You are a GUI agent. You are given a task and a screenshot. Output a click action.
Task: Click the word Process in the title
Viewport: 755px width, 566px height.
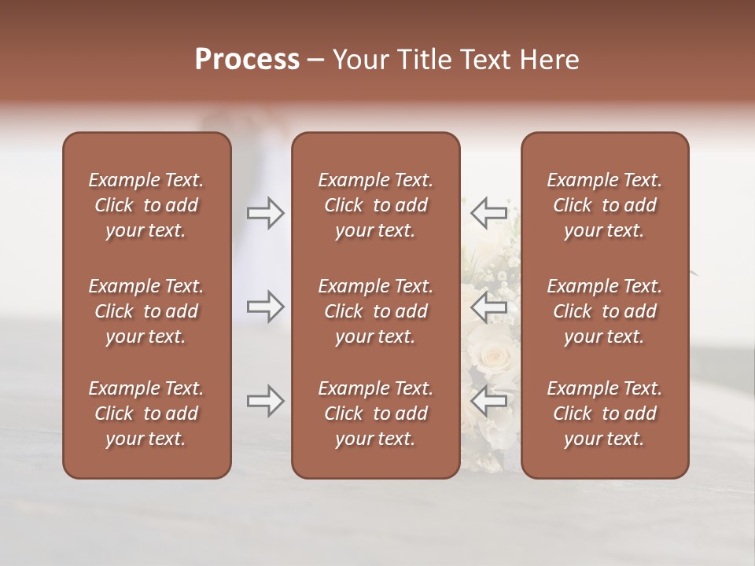pyautogui.click(x=247, y=60)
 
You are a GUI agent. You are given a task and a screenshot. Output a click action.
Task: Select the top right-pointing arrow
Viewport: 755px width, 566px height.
pyautogui.click(x=266, y=213)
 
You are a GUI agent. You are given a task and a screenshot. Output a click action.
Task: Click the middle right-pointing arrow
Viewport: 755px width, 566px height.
pyautogui.click(x=266, y=307)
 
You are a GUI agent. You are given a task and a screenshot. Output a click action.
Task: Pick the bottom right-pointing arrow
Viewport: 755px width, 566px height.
pyautogui.click(x=266, y=401)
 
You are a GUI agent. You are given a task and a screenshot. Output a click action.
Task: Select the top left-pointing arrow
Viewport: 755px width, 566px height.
pyautogui.click(x=488, y=213)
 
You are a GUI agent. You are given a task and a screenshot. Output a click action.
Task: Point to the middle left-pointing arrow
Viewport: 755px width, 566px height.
pyautogui.click(x=488, y=307)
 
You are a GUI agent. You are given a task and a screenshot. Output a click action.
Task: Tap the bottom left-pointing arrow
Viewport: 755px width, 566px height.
pyautogui.click(x=488, y=401)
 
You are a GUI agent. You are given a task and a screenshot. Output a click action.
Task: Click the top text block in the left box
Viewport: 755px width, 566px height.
pyautogui.click(x=146, y=205)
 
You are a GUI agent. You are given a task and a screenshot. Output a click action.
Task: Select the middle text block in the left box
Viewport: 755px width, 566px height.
pyautogui.click(x=146, y=311)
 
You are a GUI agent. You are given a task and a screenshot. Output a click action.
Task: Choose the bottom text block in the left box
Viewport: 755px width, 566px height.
pyautogui.click(x=146, y=413)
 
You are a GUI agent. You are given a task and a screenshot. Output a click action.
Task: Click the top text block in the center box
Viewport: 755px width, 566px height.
pyautogui.click(x=376, y=205)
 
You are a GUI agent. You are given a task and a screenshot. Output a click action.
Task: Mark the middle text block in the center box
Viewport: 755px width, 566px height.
pyautogui.click(x=376, y=311)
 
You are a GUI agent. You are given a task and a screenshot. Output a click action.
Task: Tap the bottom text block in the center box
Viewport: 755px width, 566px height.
pyautogui.click(x=376, y=413)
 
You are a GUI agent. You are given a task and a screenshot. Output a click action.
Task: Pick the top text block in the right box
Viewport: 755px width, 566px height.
pyautogui.click(x=605, y=205)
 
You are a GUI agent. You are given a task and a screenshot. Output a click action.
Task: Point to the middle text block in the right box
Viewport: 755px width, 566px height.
pyautogui.click(x=605, y=311)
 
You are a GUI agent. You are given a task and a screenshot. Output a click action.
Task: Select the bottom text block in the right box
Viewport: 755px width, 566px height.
pyautogui.click(x=605, y=413)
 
